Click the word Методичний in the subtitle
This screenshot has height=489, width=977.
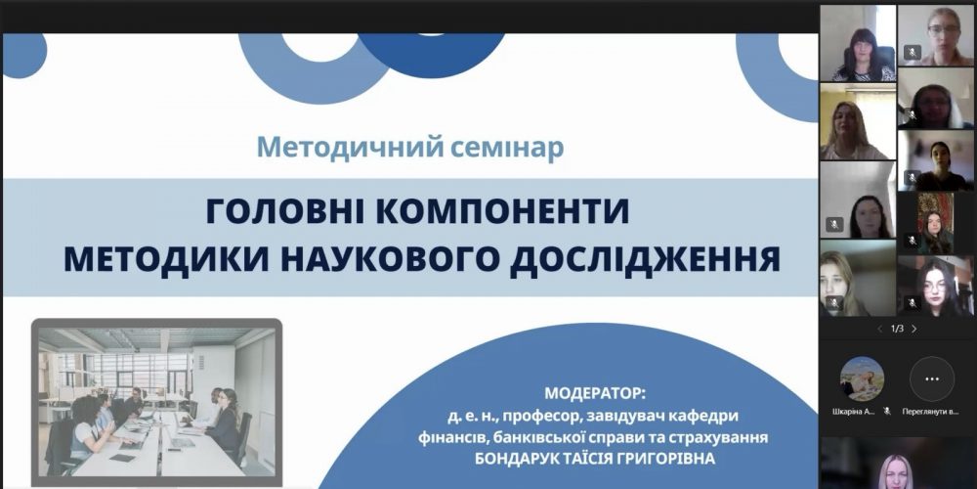[x=320, y=148]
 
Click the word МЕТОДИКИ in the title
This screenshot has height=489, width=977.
[x=163, y=259]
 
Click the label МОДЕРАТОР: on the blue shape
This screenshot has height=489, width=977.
[x=595, y=394]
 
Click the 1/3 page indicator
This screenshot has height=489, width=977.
[x=897, y=329]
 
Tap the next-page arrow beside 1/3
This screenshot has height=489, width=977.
[x=914, y=329]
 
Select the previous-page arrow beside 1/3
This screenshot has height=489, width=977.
[x=879, y=329]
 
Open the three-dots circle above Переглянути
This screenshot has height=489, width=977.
[x=931, y=378]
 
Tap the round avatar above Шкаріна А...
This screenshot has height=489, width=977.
[x=862, y=378]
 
